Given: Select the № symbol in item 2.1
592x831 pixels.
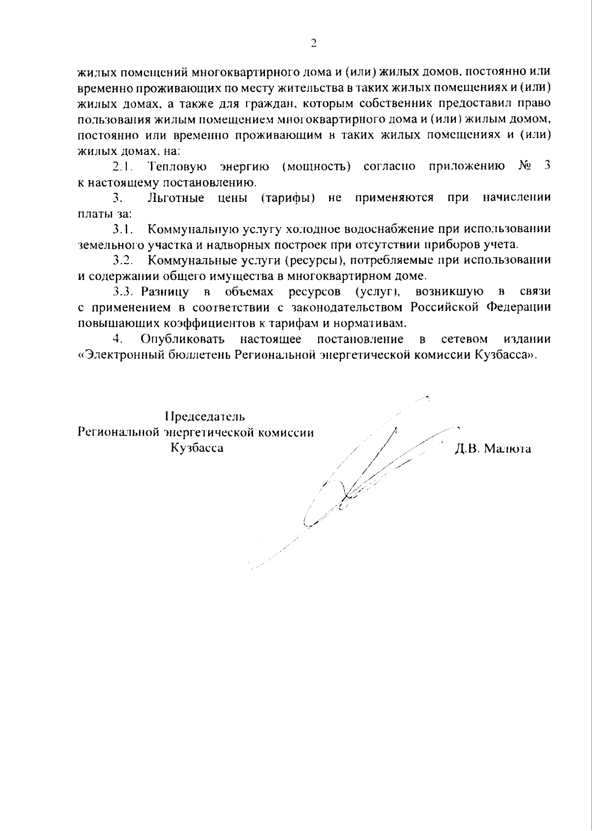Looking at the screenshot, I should (x=524, y=166).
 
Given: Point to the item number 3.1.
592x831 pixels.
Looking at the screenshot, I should (x=122, y=229).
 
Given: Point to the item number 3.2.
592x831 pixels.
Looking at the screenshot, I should (x=122, y=260).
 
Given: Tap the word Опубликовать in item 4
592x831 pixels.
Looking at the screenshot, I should (x=183, y=339).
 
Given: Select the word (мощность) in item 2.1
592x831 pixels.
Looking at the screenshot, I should (x=316, y=166).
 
